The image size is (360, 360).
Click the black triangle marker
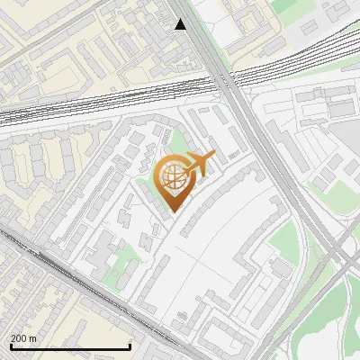(x=181, y=24)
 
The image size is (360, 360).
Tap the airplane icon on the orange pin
(x=199, y=164)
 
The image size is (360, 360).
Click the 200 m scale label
(x=24, y=338)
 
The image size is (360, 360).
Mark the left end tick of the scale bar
(x=10, y=346)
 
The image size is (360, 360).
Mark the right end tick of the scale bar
(x=130, y=346)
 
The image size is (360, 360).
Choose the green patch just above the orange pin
(x=180, y=144)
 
